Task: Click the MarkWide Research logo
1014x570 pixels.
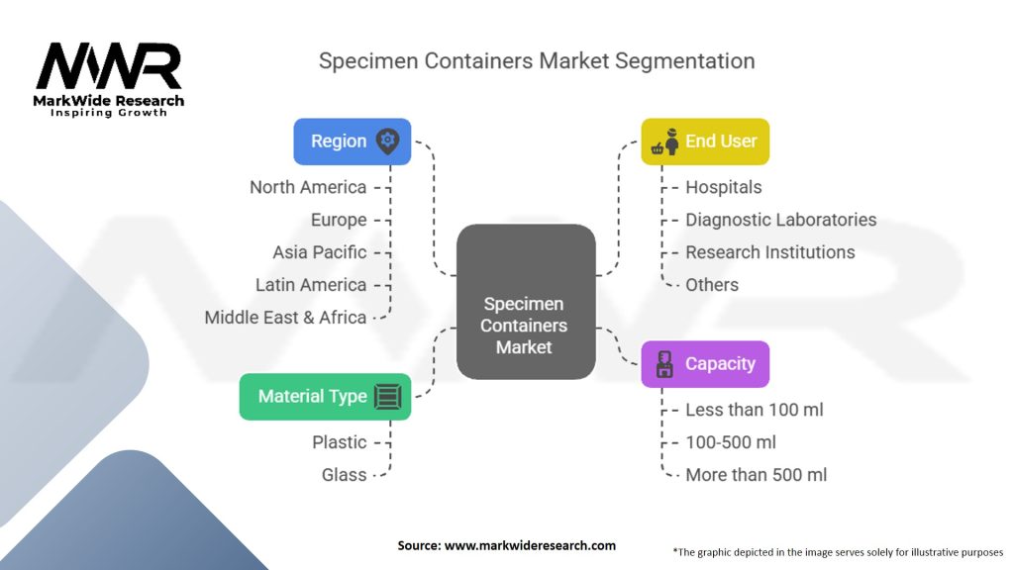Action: [110, 78]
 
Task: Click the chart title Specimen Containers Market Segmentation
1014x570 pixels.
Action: [537, 61]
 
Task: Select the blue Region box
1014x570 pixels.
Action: [352, 142]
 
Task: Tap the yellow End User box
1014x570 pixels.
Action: [704, 142]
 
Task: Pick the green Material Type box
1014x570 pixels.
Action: [325, 396]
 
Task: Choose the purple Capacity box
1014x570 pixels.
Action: [704, 363]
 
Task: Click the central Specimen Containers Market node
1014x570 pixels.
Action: [525, 302]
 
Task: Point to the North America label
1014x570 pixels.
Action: [308, 187]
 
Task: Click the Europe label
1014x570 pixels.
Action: [339, 220]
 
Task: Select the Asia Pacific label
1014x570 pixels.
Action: [320, 252]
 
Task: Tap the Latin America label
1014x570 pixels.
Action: [311, 285]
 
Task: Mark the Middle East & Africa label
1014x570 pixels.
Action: [285, 318]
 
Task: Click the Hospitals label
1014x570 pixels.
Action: [724, 187]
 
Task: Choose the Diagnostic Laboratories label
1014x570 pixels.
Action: [780, 220]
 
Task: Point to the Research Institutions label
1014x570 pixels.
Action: [769, 252]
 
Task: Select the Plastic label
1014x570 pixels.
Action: [340, 442]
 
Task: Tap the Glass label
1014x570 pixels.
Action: [345, 475]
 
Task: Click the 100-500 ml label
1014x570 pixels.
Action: [731, 442]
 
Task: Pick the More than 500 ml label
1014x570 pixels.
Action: [756, 475]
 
